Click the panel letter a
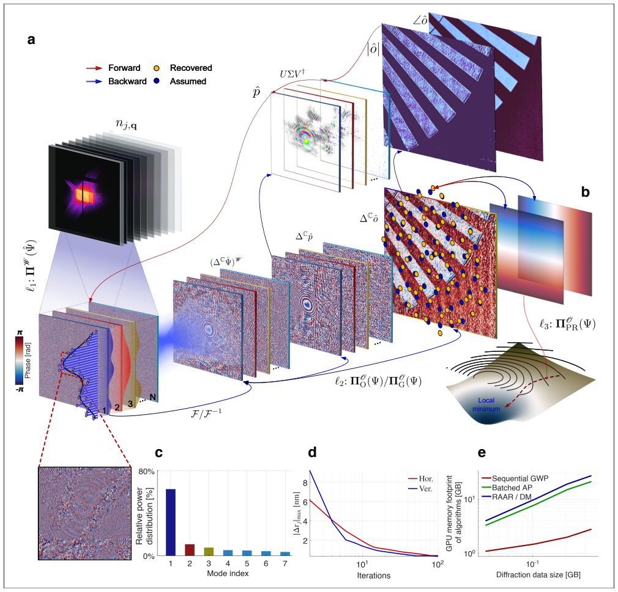[x=31, y=40]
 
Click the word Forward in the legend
[x=124, y=68]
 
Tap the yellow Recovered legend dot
[x=157, y=68]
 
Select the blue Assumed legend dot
[x=157, y=81]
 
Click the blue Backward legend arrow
[x=94, y=81]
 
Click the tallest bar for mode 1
[x=171, y=522]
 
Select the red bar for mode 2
[x=190, y=549]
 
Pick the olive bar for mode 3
[x=209, y=552]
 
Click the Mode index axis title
[x=228, y=574]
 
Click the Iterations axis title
[x=374, y=576]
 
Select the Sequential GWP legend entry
[x=515, y=478]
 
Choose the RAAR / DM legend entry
[x=507, y=497]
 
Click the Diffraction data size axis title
[x=538, y=575]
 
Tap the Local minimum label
[x=486, y=404]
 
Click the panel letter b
[x=586, y=192]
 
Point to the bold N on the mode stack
[x=153, y=398]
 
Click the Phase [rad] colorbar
[x=20, y=360]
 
